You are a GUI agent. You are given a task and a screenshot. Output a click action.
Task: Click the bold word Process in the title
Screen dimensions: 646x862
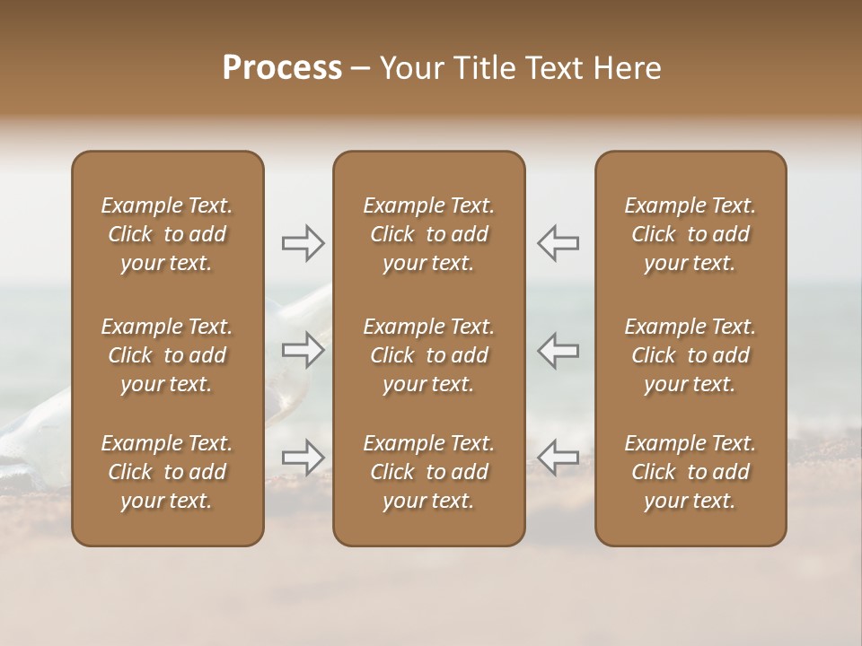pyautogui.click(x=282, y=68)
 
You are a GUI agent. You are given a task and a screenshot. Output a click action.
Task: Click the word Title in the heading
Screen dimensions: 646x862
pyautogui.click(x=484, y=68)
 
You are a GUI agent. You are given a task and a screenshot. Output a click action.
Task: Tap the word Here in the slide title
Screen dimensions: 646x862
pyautogui.click(x=626, y=68)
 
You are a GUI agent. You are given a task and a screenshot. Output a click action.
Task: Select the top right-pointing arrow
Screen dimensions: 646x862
pyautogui.click(x=303, y=242)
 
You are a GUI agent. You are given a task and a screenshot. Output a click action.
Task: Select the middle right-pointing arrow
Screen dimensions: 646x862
pyautogui.click(x=303, y=350)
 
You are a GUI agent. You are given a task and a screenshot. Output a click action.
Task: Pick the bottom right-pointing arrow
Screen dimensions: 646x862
pyautogui.click(x=303, y=458)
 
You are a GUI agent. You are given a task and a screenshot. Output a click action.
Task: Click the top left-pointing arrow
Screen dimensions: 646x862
pyautogui.click(x=559, y=242)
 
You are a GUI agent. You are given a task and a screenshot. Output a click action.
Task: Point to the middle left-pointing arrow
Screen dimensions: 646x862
pyautogui.click(x=559, y=350)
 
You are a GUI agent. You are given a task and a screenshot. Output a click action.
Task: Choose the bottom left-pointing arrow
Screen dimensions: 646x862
pyautogui.click(x=559, y=458)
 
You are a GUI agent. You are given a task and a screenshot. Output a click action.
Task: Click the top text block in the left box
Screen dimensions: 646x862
pyautogui.click(x=167, y=234)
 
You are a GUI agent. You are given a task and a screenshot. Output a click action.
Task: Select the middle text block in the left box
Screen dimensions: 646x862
pyautogui.click(x=167, y=355)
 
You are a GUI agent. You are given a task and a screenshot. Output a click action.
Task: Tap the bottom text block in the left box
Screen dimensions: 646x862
pyautogui.click(x=167, y=472)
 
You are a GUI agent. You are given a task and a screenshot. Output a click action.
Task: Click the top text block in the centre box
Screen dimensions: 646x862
pyautogui.click(x=429, y=234)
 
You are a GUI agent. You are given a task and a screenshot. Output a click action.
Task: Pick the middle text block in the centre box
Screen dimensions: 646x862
pyautogui.click(x=429, y=355)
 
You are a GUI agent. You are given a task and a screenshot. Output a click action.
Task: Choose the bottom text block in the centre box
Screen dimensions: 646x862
pyautogui.click(x=429, y=472)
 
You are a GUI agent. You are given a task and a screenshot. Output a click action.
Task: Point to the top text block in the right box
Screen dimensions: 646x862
pyautogui.click(x=690, y=234)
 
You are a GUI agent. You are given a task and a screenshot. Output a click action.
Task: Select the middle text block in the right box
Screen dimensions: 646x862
pyautogui.click(x=690, y=355)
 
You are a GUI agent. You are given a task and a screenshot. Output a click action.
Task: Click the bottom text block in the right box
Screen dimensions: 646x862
pyautogui.click(x=690, y=472)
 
